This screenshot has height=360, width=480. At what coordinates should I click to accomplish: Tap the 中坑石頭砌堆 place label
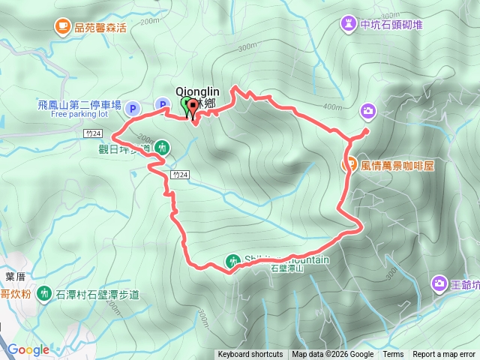(392, 24)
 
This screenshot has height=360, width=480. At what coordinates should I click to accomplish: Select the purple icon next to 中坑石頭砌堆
(349, 24)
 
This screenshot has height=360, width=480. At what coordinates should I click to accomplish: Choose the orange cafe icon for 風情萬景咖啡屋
(349, 165)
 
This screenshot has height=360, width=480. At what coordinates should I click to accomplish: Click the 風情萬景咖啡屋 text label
(397, 166)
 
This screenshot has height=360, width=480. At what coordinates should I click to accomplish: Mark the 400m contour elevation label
(332, 106)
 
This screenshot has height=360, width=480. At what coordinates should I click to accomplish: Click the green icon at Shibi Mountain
(232, 261)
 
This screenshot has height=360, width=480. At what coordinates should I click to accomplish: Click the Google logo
(28, 349)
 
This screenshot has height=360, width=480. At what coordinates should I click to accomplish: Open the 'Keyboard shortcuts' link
(250, 355)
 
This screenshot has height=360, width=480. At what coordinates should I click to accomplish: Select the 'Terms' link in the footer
(393, 355)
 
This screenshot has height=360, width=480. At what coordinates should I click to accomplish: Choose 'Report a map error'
(444, 355)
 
